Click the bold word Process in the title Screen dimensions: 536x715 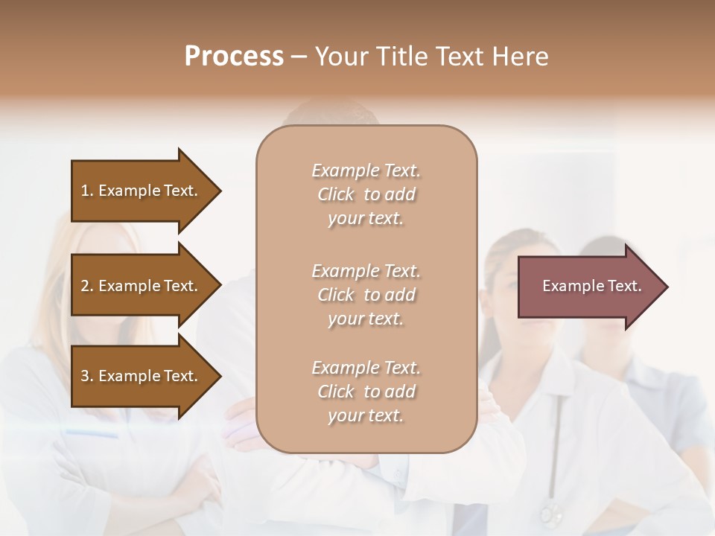234,57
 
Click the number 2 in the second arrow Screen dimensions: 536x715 85,286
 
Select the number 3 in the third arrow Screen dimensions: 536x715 85,376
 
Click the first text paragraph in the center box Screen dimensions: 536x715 366,194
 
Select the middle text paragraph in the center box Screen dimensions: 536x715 366,295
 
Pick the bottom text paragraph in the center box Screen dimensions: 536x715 366,392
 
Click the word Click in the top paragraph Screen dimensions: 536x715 336,194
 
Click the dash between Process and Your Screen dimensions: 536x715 299,57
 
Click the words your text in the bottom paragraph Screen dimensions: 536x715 366,415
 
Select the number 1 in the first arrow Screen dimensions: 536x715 85,191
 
